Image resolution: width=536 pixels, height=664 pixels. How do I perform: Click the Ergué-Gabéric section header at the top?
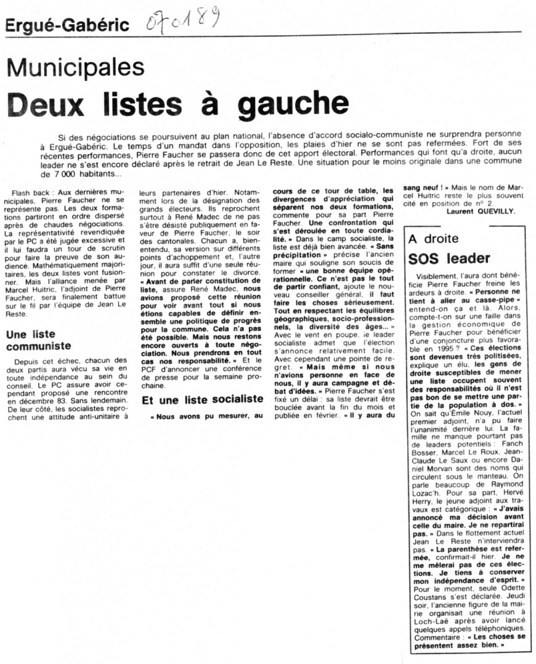click(x=67, y=25)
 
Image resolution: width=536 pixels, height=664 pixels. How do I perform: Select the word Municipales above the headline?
click(x=75, y=67)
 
